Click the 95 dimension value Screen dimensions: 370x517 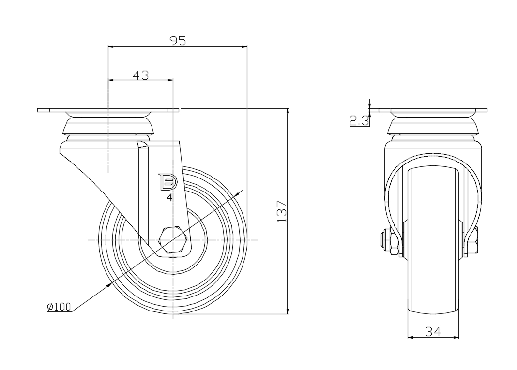tap(178, 41)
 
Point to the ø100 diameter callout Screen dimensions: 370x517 tap(59, 307)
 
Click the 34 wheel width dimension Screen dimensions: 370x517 tap(433, 331)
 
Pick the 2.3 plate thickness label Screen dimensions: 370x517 tap(359, 121)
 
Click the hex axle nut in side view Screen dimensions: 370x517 tap(173, 239)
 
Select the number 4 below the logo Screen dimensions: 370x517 tap(169, 197)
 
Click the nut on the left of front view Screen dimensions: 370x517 tap(391, 242)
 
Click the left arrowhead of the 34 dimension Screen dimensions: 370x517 tap(411, 337)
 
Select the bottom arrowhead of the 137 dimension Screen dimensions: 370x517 tap(288, 311)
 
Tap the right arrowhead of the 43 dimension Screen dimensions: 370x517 tap(170, 80)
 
